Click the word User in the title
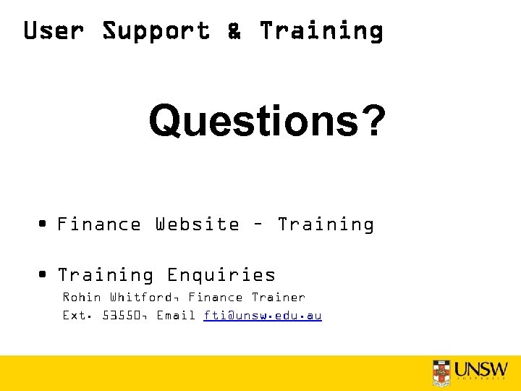click(54, 31)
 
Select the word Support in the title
click(156, 31)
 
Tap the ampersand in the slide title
click(234, 31)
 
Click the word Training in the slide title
click(321, 31)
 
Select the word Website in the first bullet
click(197, 224)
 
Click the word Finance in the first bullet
click(99, 224)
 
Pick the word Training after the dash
click(326, 224)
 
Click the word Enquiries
click(221, 275)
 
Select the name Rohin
click(81, 298)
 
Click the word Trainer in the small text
click(279, 298)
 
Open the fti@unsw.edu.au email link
click(263, 316)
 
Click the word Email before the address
click(177, 316)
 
